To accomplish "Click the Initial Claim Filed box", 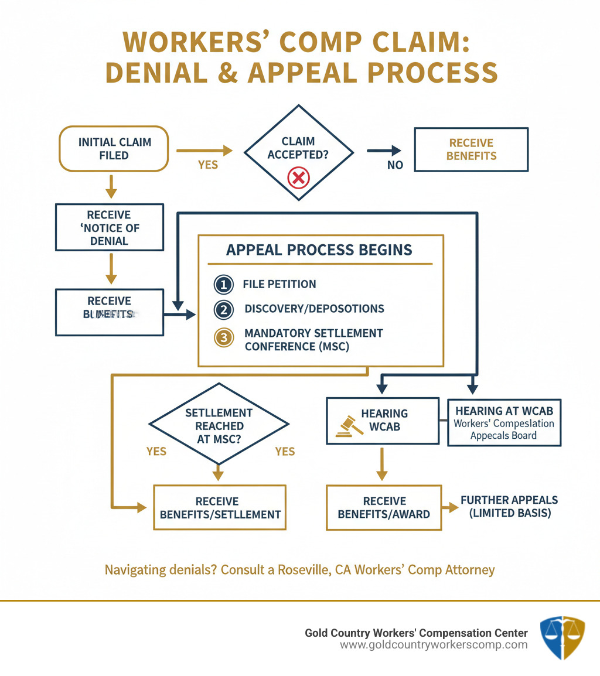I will tap(115, 149).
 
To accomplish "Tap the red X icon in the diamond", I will tap(299, 177).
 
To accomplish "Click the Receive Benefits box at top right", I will tap(471, 149).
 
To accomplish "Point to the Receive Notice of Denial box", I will tap(109, 227).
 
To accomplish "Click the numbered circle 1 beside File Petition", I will tap(224, 285).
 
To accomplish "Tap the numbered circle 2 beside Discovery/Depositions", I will tap(224, 309).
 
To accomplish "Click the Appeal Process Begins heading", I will tap(319, 250).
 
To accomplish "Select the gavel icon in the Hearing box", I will tap(348, 426).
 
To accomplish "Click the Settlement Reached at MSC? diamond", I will tap(219, 425).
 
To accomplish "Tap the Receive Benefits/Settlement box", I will tap(219, 507).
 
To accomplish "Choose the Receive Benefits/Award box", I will tap(384, 507).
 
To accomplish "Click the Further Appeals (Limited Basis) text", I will tap(509, 507).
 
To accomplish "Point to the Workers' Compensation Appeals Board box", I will tap(504, 422).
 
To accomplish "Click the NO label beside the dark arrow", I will tap(395, 165).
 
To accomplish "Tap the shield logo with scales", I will tap(561, 638).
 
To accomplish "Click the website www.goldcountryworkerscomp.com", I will tap(434, 645).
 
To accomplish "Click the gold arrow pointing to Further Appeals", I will tap(450, 507).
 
